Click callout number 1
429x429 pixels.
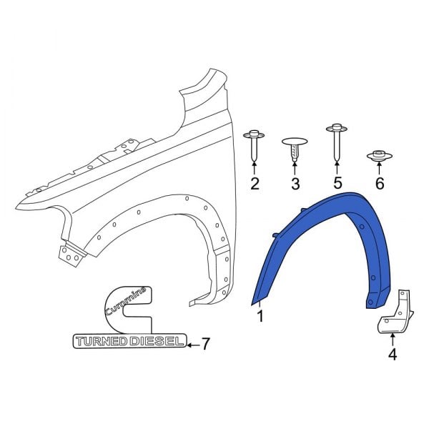260,315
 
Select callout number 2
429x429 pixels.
255,185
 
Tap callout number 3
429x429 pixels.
295,185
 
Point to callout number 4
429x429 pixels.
392,354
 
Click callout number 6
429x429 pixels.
379,185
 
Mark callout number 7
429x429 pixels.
205,344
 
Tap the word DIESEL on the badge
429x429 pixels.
155,343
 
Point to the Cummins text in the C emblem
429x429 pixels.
126,301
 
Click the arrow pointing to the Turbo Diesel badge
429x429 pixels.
191,344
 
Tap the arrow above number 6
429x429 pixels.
379,169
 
